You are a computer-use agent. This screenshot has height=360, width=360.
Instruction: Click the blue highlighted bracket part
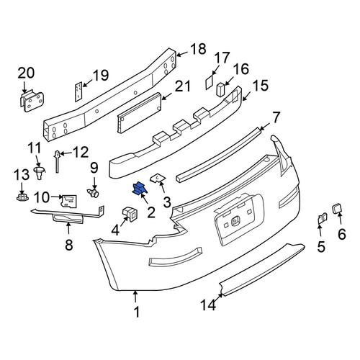click(140, 188)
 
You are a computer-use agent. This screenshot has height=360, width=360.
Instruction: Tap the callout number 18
click(198, 49)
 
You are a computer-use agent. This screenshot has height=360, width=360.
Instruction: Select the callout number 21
click(183, 86)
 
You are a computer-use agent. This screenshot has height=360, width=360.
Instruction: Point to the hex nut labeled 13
click(22, 197)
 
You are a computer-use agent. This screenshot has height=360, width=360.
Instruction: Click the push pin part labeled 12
click(57, 161)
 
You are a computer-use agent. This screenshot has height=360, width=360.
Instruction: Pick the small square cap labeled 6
click(336, 208)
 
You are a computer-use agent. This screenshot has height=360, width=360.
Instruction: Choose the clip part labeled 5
click(323, 218)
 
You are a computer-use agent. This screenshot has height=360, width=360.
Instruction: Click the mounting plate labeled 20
click(32, 101)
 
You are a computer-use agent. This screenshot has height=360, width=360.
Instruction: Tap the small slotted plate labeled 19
click(78, 91)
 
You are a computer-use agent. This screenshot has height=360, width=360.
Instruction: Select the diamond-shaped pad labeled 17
click(210, 82)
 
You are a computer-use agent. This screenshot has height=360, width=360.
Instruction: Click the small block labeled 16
click(220, 89)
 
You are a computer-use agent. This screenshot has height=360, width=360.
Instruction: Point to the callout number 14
click(208, 305)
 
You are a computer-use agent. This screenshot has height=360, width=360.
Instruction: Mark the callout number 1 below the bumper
click(137, 312)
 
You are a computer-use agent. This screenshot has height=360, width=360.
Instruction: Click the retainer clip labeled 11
click(39, 173)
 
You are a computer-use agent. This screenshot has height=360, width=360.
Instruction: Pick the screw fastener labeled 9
click(93, 193)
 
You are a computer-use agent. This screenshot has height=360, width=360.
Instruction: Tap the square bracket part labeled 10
click(69, 201)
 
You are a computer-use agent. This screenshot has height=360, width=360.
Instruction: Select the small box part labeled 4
click(130, 214)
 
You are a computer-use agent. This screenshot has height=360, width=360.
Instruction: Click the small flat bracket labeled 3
click(158, 179)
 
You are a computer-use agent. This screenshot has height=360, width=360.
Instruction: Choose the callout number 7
click(276, 117)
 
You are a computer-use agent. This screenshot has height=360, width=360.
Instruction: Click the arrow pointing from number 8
click(68, 228)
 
